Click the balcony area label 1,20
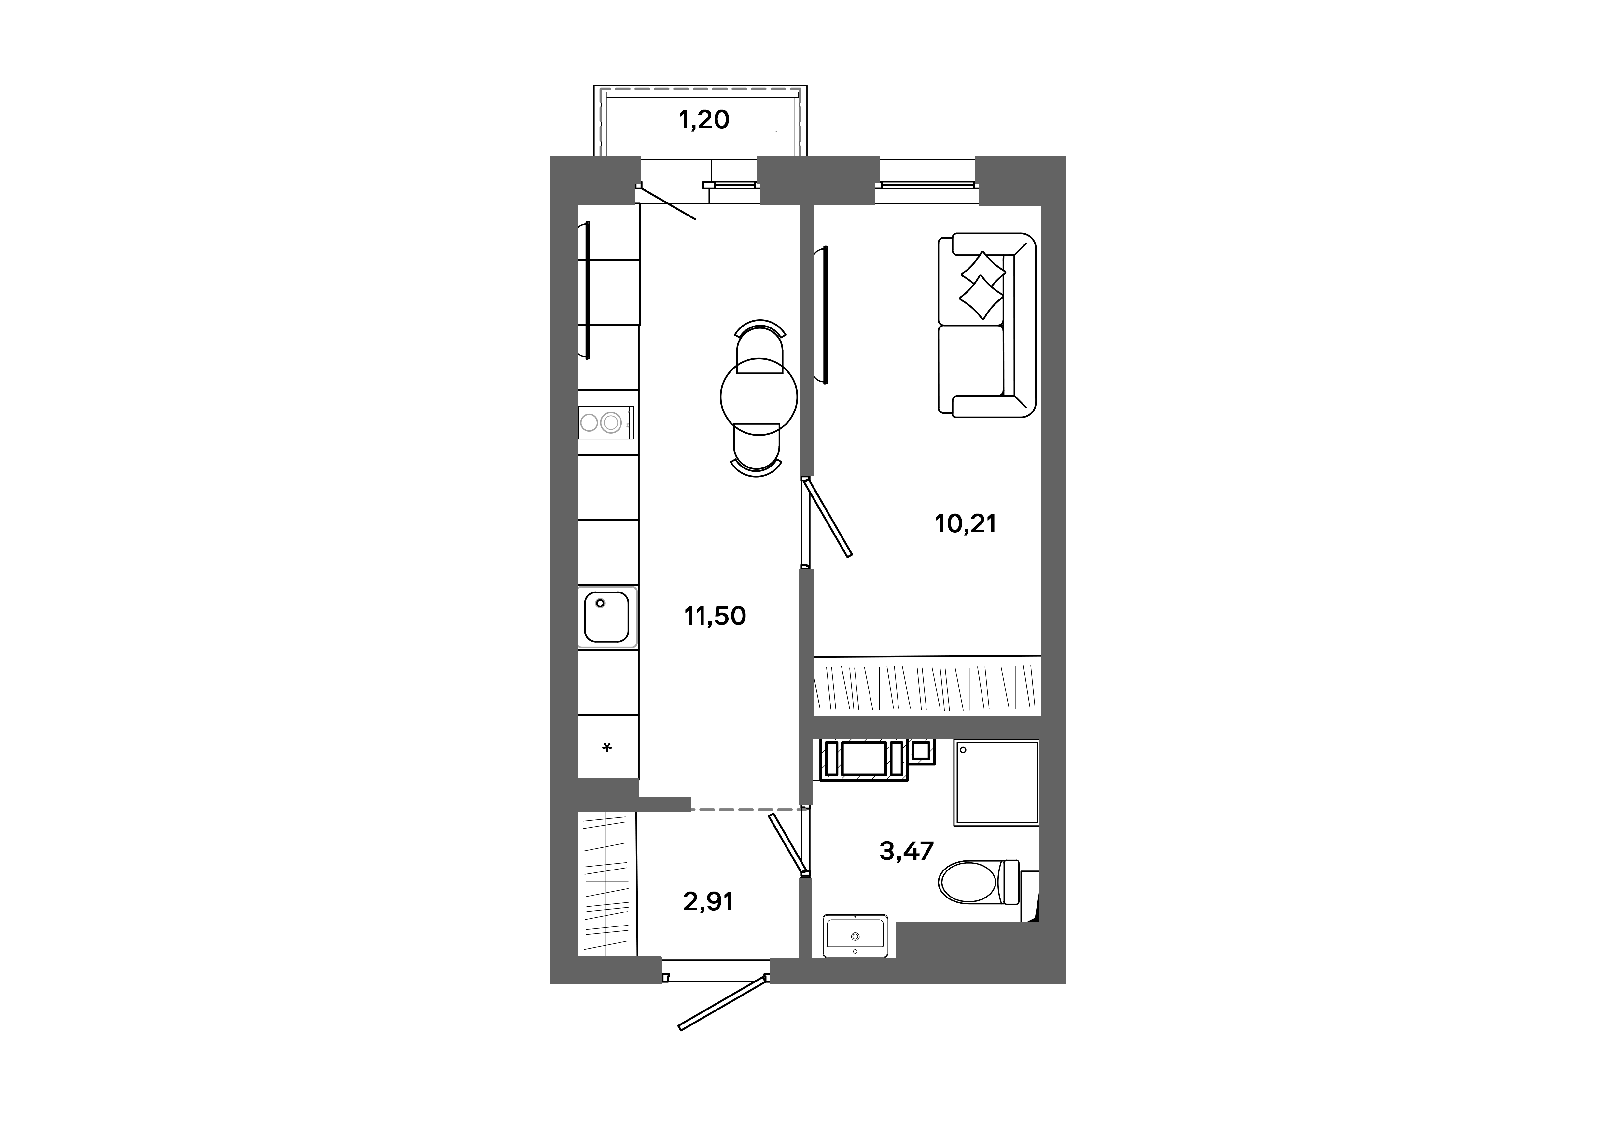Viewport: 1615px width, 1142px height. point(704,120)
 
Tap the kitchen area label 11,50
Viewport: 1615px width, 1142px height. point(715,616)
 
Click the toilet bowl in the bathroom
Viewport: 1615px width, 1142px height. point(979,883)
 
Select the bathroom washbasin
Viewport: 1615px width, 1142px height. point(855,936)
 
